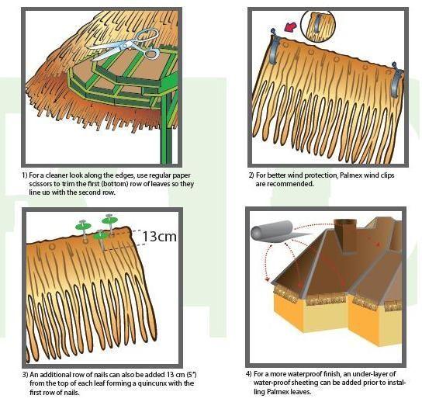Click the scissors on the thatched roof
coord(124,44)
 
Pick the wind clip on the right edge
coord(397,78)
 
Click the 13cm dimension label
coord(161,236)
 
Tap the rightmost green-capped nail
coord(112,221)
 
